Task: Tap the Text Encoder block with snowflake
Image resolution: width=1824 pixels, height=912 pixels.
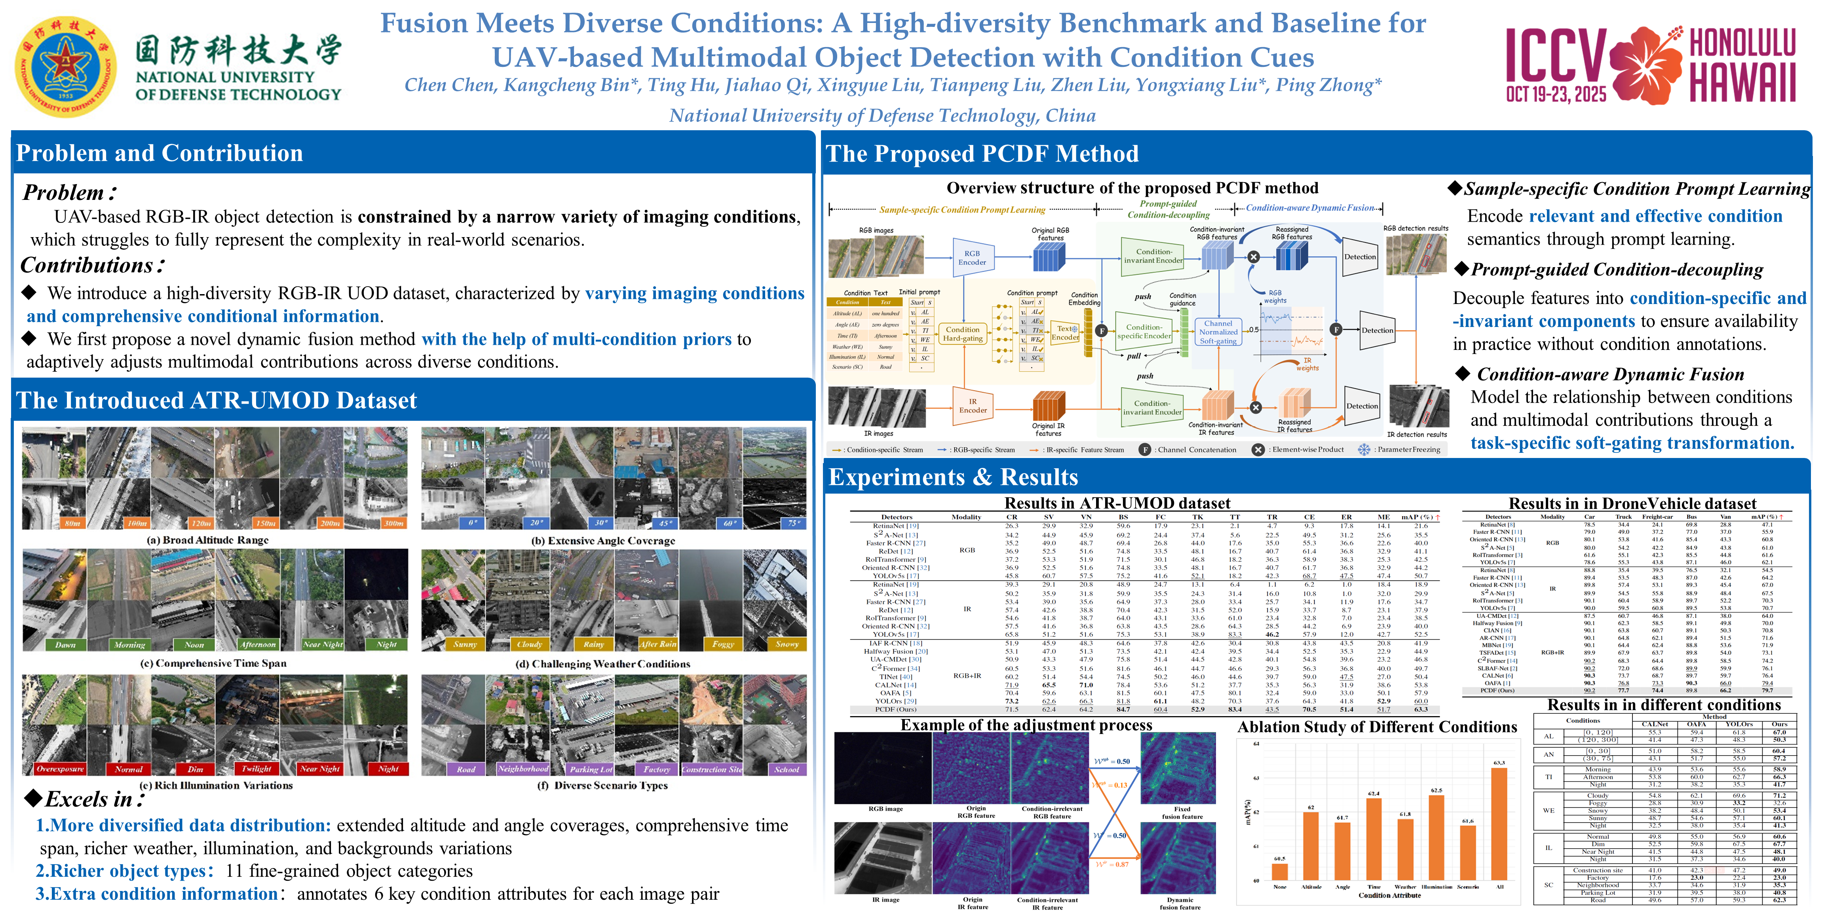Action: (1066, 333)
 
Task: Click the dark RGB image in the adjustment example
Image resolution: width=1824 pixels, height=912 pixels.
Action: (883, 768)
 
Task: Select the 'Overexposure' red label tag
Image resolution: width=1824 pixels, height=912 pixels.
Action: (60, 769)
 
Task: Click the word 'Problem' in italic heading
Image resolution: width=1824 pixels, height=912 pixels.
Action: (64, 193)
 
